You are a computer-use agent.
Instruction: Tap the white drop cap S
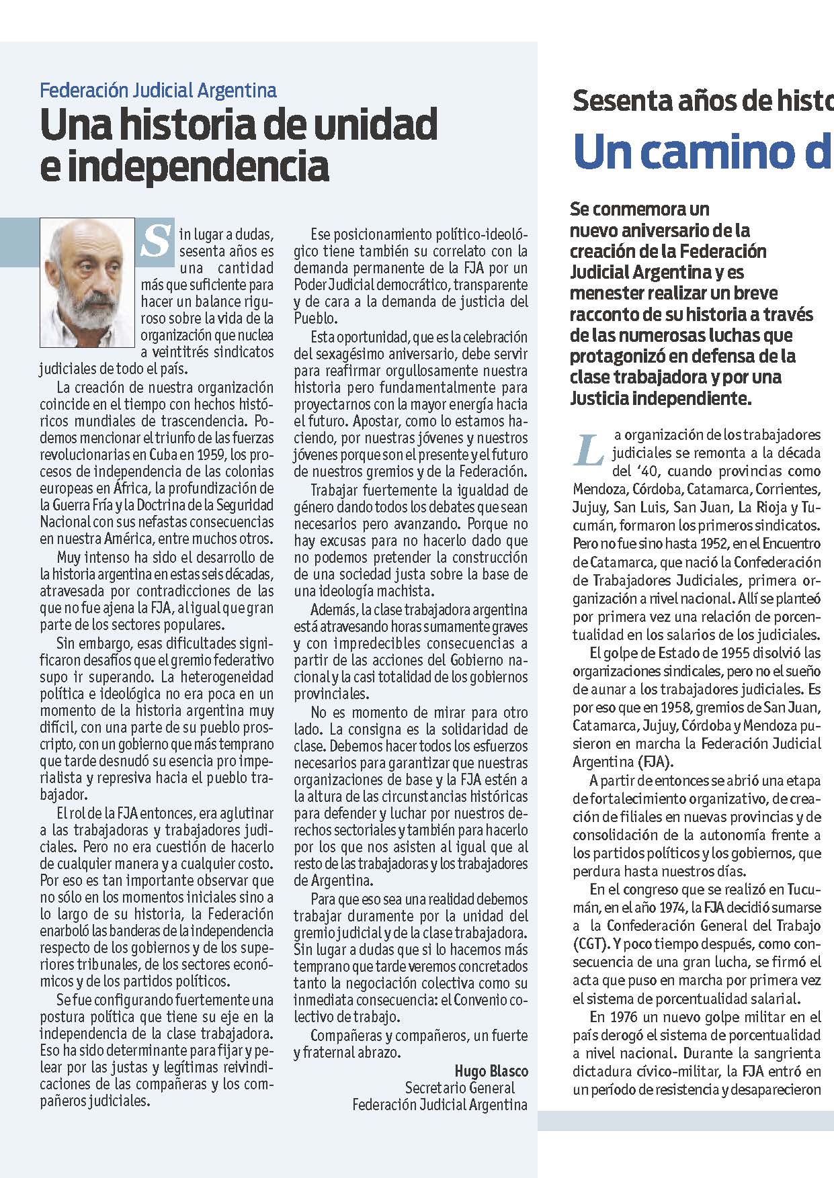156,240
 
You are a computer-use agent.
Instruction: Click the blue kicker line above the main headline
158,90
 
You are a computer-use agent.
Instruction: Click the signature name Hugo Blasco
491,1071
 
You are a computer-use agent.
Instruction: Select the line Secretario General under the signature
460,1087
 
